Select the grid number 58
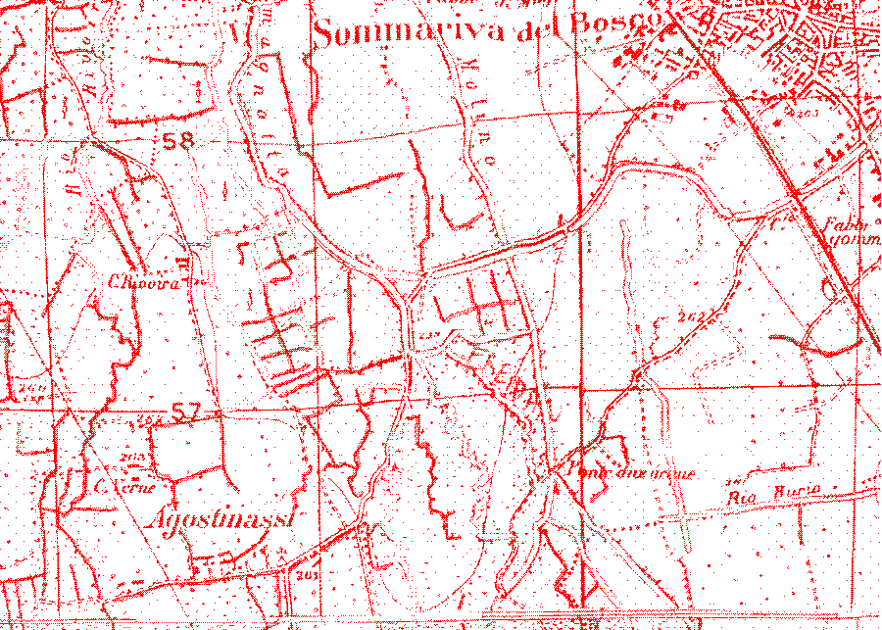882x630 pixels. (x=178, y=141)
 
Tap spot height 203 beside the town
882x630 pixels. (x=807, y=115)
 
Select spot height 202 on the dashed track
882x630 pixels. (x=692, y=315)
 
